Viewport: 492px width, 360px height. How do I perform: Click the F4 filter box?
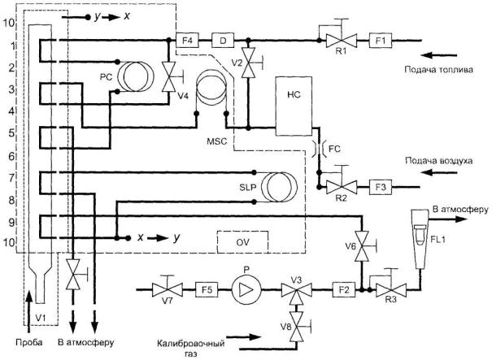click(x=186, y=38)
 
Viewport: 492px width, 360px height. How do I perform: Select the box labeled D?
click(x=221, y=38)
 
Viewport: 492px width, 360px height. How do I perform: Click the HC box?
click(x=295, y=106)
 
